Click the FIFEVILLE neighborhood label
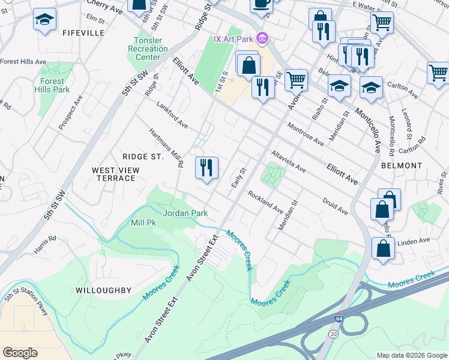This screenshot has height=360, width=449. tap(83, 33)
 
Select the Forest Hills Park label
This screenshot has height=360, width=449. tap(55, 85)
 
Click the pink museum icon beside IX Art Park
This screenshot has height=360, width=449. tap(261, 40)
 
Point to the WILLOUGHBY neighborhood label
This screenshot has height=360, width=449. tap(103, 290)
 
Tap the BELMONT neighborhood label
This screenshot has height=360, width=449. tap(400, 165)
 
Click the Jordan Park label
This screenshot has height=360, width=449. tap(185, 213)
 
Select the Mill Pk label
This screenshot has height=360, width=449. tap(143, 223)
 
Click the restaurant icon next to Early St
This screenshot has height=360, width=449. tap(206, 168)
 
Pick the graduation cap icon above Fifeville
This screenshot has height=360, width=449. tap(44, 20)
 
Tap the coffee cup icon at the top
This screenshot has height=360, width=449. tap(261, 4)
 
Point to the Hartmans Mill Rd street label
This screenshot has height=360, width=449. tap(165, 149)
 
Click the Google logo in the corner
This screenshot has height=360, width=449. tap(20, 353)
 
